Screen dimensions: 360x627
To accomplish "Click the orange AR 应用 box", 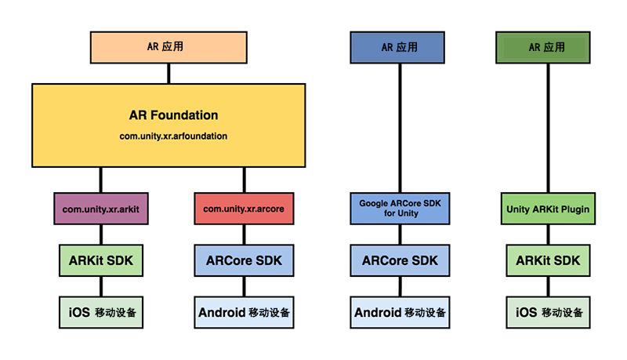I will tap(168, 47).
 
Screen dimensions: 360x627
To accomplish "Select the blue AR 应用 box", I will tap(400, 47).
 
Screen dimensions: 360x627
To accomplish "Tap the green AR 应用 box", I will tap(547, 47).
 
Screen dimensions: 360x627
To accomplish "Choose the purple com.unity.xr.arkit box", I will tap(100, 209).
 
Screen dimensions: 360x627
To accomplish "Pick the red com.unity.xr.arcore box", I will tap(244, 209).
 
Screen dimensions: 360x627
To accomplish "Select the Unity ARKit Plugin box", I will tap(547, 209).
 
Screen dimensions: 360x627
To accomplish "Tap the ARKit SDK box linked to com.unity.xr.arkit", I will tap(100, 260).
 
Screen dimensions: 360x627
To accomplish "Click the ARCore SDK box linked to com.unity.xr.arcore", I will tap(244, 260).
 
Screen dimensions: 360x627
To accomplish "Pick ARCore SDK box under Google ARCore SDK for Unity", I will tap(400, 260).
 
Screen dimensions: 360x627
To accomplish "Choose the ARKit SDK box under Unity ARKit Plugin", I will tap(547, 260).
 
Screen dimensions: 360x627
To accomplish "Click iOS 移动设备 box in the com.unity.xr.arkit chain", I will tap(100, 312).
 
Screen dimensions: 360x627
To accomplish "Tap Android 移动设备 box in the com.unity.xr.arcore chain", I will tap(244, 312).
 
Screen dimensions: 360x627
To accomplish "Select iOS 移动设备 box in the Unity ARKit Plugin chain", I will tap(547, 312).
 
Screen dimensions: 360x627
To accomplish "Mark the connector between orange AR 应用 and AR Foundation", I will tap(168, 73).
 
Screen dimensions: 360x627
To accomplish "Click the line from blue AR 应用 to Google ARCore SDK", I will tap(400, 125).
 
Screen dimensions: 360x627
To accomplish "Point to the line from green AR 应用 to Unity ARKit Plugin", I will tap(547, 125).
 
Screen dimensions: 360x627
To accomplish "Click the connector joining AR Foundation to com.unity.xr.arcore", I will tap(244, 180).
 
